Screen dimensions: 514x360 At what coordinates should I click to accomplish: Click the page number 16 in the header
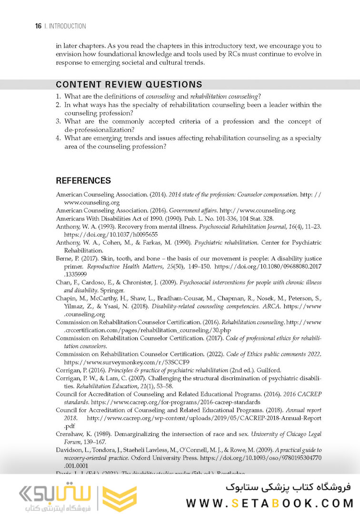38,26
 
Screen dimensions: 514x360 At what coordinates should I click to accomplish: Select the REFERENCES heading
83,181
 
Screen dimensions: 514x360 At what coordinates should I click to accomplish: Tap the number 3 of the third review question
58,121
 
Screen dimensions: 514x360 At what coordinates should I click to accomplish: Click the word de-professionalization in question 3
99,129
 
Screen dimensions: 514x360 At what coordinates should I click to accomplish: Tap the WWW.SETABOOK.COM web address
270,503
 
